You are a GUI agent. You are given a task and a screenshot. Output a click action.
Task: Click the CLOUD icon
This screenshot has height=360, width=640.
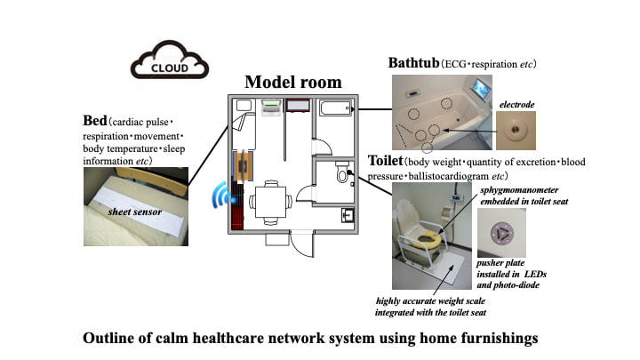[169, 65]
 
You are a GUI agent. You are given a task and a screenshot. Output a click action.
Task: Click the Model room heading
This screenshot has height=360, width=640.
[292, 83]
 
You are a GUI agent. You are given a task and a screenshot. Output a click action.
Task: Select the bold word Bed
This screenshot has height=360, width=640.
[95, 120]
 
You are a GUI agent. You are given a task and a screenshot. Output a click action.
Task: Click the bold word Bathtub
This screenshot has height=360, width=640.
[420, 64]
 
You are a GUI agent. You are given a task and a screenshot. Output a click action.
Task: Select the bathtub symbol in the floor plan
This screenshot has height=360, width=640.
[333, 110]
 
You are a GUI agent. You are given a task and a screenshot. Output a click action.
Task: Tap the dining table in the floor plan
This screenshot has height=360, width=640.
[268, 199]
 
